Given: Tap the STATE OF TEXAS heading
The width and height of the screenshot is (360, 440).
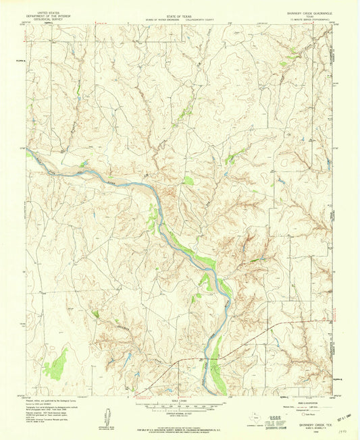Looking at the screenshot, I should coord(180,13).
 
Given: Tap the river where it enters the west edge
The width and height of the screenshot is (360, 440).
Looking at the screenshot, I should coord(29,153).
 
